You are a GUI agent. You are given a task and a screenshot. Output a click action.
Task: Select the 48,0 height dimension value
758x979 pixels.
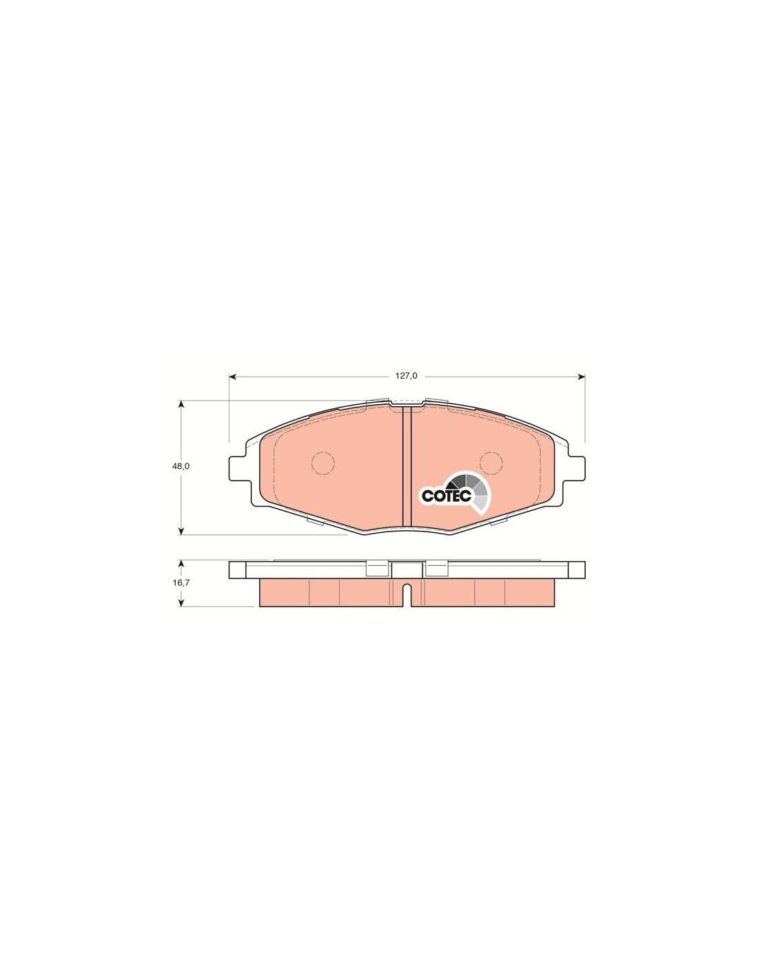[x=181, y=466]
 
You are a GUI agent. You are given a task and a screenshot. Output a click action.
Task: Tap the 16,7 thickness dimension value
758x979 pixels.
[x=181, y=582]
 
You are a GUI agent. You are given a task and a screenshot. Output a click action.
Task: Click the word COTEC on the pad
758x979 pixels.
[x=447, y=496]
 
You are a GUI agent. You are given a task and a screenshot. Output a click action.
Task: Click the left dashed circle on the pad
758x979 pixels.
[x=323, y=463]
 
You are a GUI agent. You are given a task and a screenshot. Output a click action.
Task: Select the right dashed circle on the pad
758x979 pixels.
[x=491, y=463]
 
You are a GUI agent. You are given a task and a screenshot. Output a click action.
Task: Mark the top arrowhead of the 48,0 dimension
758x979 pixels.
[x=181, y=405]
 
